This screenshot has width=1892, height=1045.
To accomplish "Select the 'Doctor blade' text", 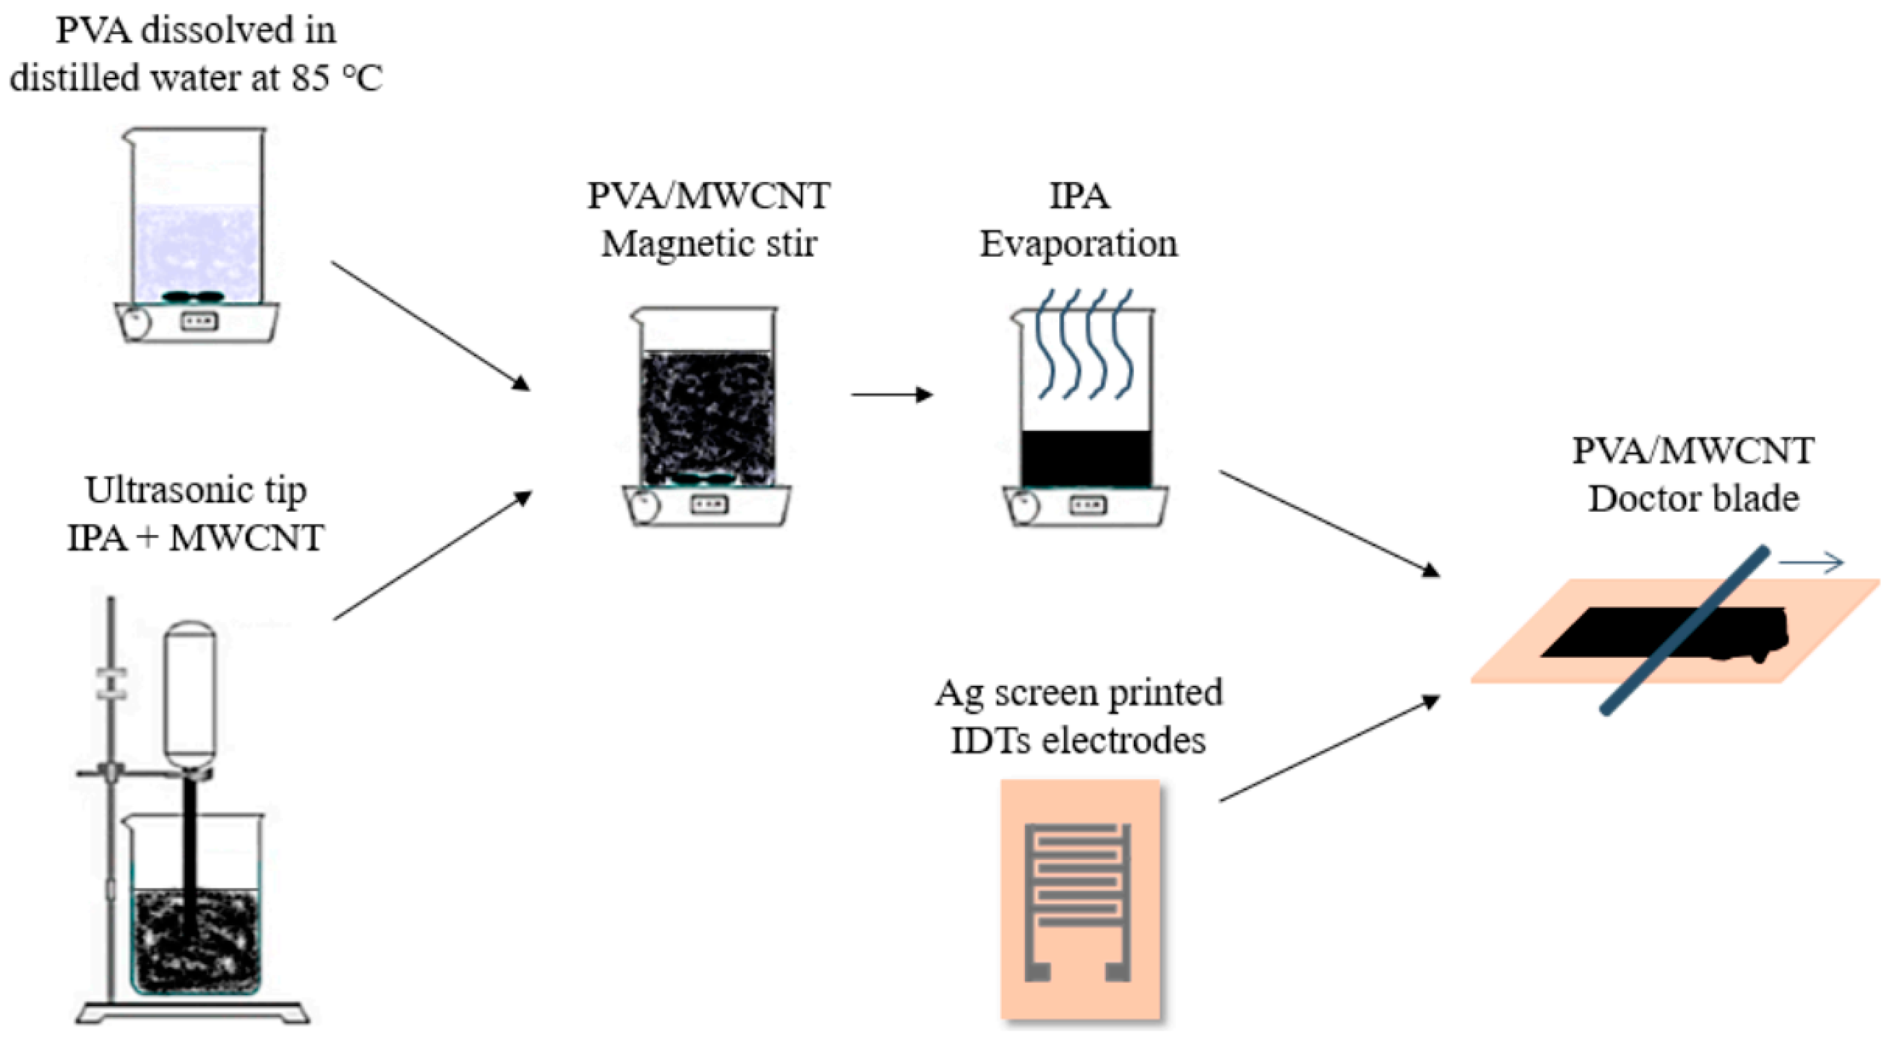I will click(x=1693, y=499).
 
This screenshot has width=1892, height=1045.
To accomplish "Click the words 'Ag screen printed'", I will click(x=1078, y=693).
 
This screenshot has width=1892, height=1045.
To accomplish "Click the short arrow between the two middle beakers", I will click(x=891, y=395).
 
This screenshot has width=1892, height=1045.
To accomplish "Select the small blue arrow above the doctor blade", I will click(x=1811, y=563).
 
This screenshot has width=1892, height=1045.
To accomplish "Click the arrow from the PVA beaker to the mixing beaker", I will click(x=431, y=326).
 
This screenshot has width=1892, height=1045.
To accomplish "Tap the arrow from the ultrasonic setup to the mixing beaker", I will click(x=433, y=556).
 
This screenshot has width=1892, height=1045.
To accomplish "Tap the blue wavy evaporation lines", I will click(x=1085, y=344).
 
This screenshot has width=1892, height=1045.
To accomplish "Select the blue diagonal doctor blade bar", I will click(x=1684, y=630).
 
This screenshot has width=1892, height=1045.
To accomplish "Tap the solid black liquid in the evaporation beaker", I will click(x=1086, y=458).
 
